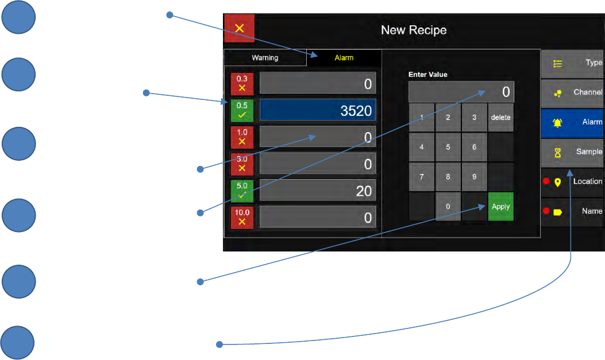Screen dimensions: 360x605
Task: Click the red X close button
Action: pyautogui.click(x=239, y=28)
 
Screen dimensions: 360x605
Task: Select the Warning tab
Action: pyautogui.click(x=265, y=58)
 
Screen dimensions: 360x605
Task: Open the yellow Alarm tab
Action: pyautogui.click(x=344, y=58)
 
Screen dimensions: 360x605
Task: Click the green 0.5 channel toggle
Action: pyautogui.click(x=242, y=110)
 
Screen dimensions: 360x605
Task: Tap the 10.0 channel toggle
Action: pyautogui.click(x=242, y=217)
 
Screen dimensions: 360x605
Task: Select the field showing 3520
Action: pyautogui.click(x=318, y=110)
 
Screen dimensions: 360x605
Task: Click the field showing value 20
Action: pyautogui.click(x=318, y=190)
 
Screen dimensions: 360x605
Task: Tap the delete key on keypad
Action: pyautogui.click(x=500, y=118)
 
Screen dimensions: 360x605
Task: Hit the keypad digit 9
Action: pyautogui.click(x=474, y=177)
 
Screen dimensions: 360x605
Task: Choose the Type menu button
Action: pyautogui.click(x=572, y=63)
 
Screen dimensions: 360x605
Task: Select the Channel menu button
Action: pyautogui.click(x=572, y=92)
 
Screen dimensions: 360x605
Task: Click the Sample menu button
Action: pyautogui.click(x=572, y=152)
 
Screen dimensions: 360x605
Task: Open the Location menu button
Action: pyautogui.click(x=572, y=181)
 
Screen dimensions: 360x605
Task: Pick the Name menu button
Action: pyautogui.click(x=572, y=211)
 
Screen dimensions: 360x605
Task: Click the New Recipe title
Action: pyautogui.click(x=414, y=30)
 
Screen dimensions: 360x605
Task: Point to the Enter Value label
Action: pyautogui.click(x=427, y=75)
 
